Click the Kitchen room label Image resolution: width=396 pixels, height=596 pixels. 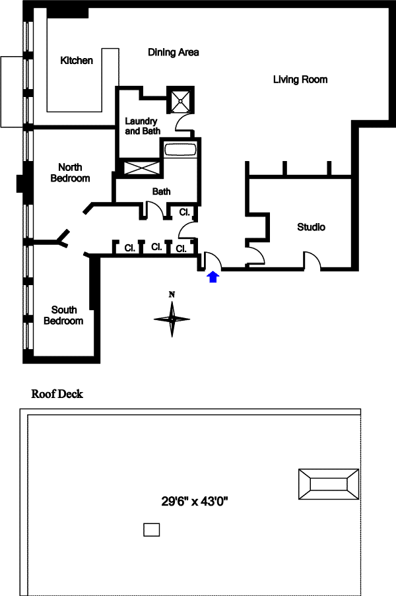(77, 61)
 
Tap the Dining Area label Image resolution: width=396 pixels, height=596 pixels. (174, 52)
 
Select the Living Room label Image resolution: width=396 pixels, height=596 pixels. (300, 80)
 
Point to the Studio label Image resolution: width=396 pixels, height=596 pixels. (311, 227)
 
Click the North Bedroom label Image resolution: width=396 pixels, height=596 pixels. (74, 173)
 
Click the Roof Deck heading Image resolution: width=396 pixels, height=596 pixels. (57, 395)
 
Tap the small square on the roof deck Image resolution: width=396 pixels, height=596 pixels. (152, 529)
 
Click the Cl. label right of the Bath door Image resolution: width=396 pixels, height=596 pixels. (185, 213)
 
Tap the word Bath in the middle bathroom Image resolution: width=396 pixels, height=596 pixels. (162, 192)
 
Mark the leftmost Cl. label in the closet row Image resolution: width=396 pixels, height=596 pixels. (129, 248)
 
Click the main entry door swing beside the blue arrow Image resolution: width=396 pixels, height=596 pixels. (213, 261)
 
